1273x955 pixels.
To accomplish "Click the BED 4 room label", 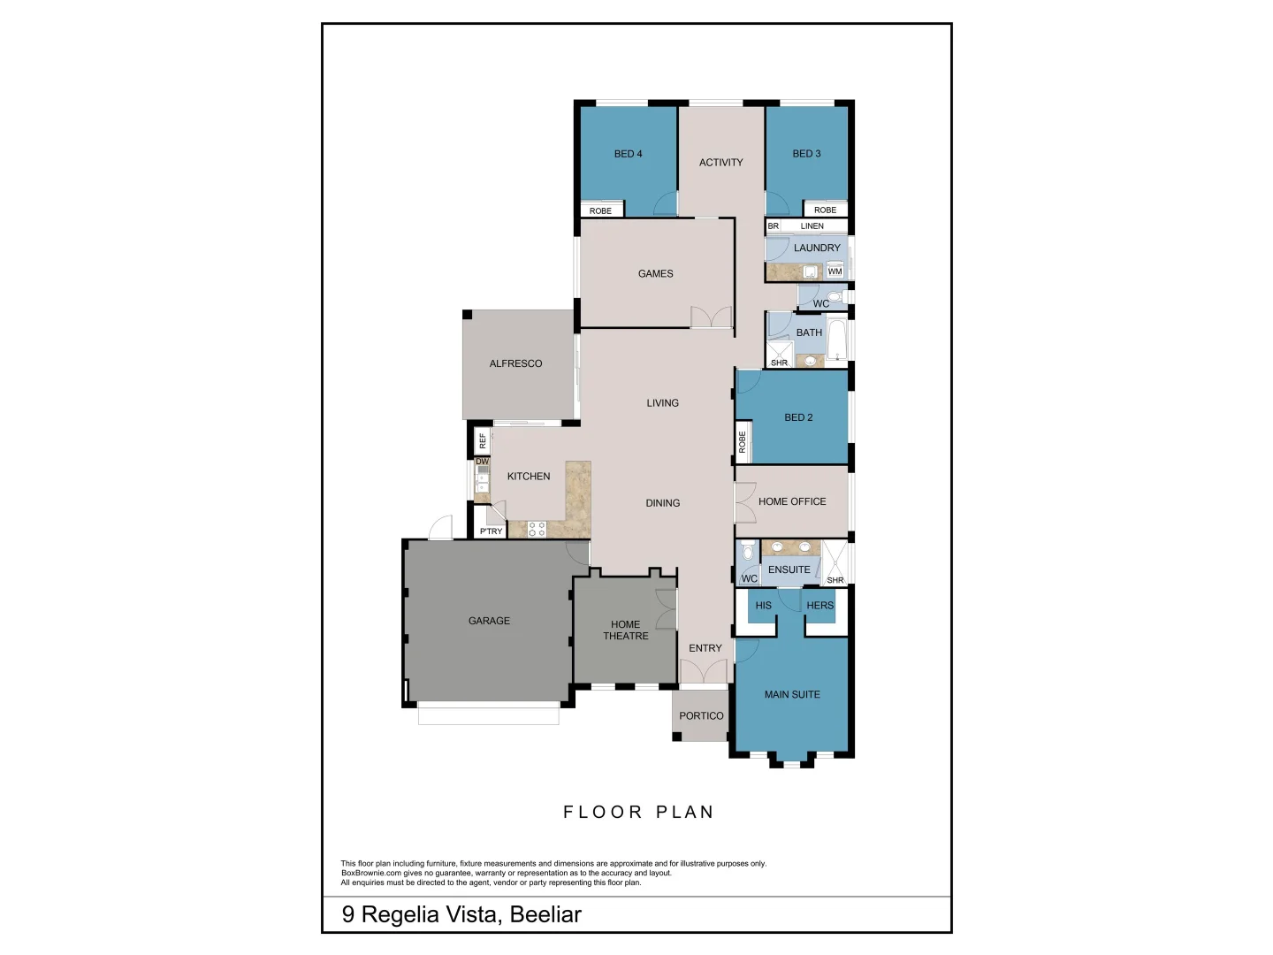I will [x=628, y=154].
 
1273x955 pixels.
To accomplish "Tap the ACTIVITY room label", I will [x=720, y=163].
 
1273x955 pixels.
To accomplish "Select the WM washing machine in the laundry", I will [x=835, y=271].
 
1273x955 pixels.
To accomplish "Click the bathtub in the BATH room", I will [x=835, y=340].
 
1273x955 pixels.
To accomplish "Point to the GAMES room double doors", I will [x=712, y=317].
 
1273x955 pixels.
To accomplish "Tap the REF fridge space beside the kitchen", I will [x=482, y=439].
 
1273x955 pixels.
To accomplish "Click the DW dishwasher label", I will [x=482, y=462].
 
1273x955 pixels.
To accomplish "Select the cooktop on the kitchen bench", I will [x=537, y=530].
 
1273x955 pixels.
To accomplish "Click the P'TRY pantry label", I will [x=491, y=531].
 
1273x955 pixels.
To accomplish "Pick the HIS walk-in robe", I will [x=763, y=606].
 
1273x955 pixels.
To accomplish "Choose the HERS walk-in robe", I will [x=819, y=606].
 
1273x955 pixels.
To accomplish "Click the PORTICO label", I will [x=701, y=716].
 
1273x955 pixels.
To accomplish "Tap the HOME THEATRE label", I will [x=625, y=630].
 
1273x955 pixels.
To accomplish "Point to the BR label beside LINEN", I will [x=774, y=226].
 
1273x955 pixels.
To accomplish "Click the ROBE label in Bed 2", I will [x=742, y=442].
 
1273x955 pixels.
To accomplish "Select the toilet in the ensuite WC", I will [x=749, y=554].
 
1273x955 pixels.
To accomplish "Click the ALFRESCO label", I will [x=515, y=363].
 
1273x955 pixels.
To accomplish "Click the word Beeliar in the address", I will [x=546, y=914].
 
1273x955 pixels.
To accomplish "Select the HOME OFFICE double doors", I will [x=745, y=502].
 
